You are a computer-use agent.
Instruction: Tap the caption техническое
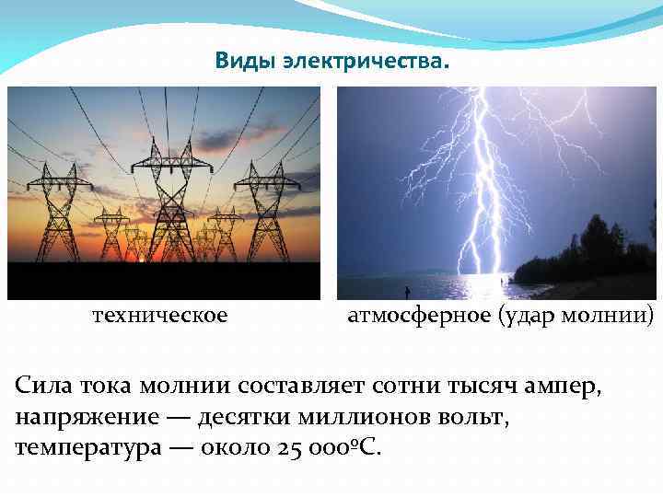[x=160, y=316]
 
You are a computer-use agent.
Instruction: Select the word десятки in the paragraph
[x=248, y=417]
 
